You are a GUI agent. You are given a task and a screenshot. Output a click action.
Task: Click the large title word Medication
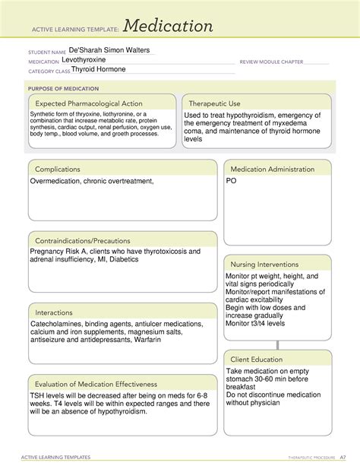pyautogui.click(x=169, y=27)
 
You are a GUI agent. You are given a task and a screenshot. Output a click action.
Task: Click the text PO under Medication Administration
pyautogui.click(x=232, y=182)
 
